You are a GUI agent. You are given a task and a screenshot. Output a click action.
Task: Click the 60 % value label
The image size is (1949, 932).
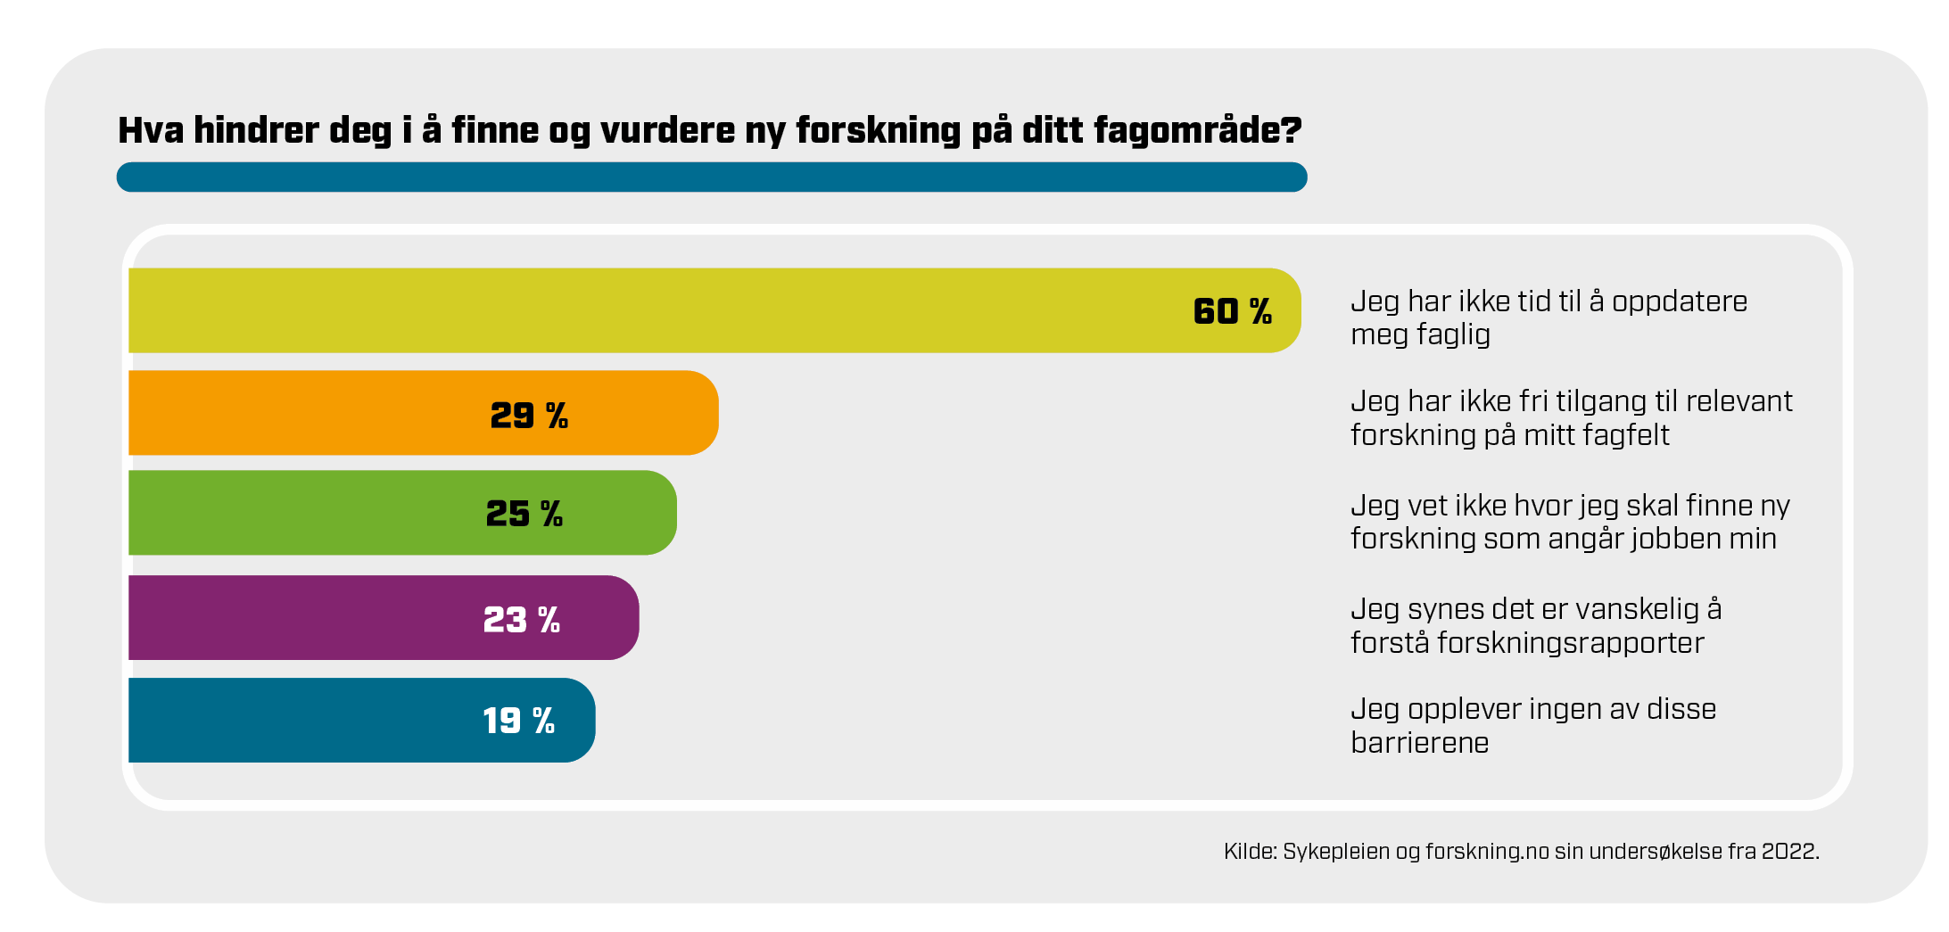1233,311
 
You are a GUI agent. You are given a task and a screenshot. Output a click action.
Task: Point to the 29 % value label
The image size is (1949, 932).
529,416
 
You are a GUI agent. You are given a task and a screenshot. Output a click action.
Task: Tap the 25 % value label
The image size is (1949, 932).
524,514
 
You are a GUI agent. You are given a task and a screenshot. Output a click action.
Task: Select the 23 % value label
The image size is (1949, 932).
522,620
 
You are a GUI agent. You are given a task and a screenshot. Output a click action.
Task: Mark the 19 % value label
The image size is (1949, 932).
518,721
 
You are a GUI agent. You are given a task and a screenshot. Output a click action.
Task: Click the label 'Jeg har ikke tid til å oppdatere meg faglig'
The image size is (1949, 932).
1548,318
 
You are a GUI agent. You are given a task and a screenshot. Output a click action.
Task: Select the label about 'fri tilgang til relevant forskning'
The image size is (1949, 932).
1571,417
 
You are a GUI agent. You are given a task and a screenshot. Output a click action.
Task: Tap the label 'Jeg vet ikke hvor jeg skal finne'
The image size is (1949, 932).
1570,522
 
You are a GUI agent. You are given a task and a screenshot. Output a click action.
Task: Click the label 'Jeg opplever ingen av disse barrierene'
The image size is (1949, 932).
1532,725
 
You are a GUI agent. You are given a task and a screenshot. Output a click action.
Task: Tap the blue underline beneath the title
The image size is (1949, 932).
711,177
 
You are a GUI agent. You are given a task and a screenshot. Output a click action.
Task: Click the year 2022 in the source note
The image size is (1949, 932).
1788,852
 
